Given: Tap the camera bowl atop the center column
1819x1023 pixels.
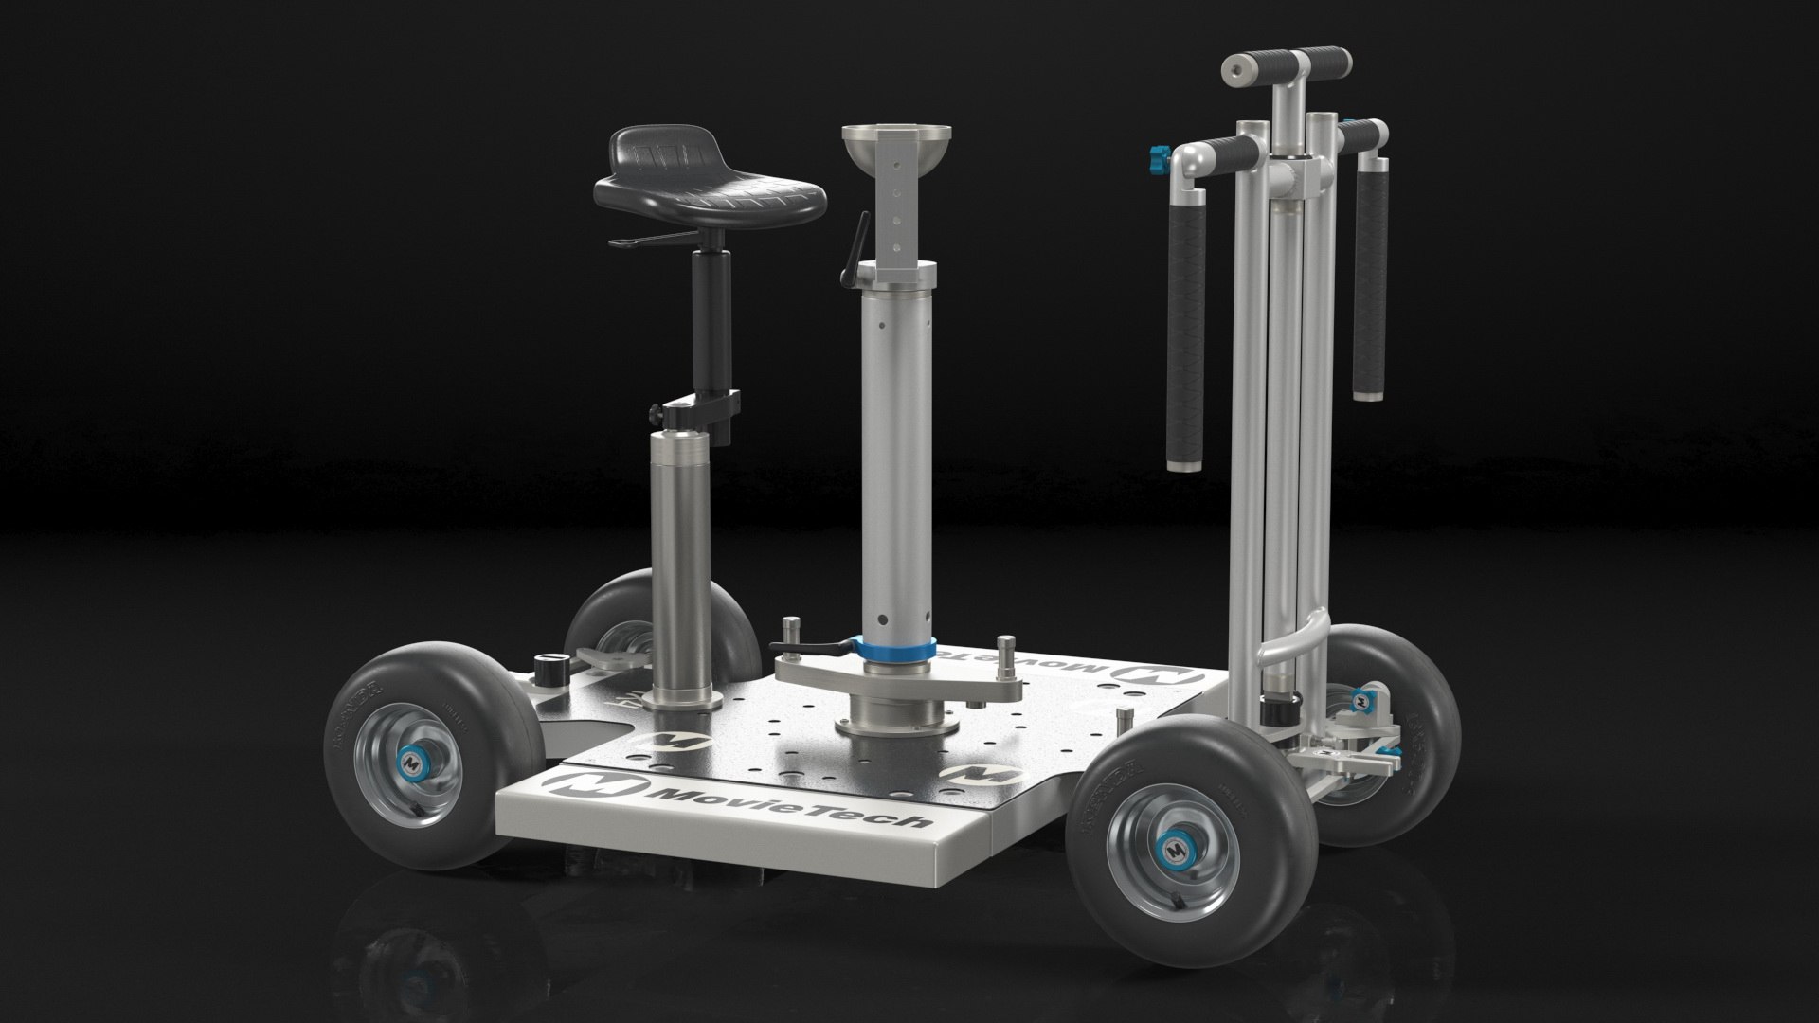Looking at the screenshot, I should (x=888, y=148).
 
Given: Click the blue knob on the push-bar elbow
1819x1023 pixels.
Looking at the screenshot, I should (x=1158, y=154).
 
